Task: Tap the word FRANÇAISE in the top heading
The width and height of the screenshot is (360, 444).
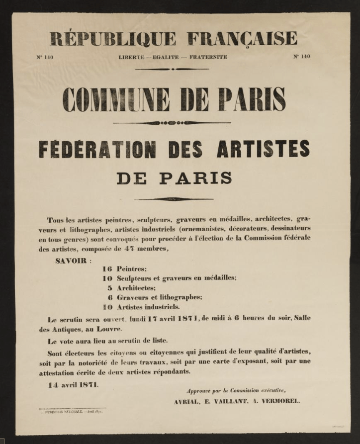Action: click(x=242, y=38)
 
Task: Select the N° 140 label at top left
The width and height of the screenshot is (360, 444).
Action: click(x=45, y=57)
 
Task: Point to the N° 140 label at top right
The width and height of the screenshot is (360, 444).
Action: click(x=301, y=56)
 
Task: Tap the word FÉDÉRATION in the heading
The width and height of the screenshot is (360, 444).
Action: click(x=97, y=149)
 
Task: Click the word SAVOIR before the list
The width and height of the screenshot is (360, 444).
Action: click(x=71, y=261)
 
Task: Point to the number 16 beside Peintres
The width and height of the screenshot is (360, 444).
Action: click(x=107, y=269)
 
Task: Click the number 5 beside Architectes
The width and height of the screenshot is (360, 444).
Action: click(x=109, y=288)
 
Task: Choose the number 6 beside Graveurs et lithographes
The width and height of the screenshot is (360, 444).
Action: click(x=109, y=297)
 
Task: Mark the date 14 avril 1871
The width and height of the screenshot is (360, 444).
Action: click(x=73, y=384)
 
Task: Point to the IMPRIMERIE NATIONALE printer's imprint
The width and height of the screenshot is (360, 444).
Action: click(x=72, y=412)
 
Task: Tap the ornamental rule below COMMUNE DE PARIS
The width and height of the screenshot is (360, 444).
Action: click(x=172, y=122)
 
